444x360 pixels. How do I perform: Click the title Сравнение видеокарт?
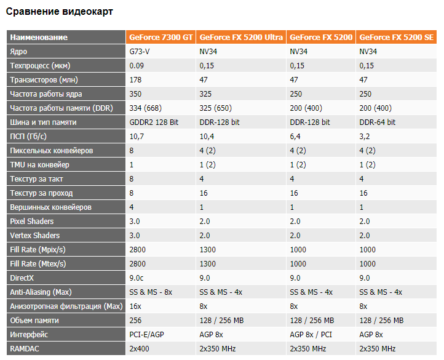[60, 12]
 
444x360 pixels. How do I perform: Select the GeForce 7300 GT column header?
[161, 38]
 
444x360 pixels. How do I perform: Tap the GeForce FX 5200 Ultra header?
[241, 38]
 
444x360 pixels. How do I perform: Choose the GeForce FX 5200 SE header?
[397, 38]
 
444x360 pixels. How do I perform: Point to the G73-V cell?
[140, 52]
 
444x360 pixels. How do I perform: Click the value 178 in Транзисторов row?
[135, 80]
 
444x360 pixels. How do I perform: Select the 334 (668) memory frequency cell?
[145, 108]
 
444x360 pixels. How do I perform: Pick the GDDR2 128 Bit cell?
[153, 122]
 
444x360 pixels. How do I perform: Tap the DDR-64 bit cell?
[377, 122]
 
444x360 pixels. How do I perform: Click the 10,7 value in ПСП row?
[137, 137]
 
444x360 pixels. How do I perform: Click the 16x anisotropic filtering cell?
[136, 306]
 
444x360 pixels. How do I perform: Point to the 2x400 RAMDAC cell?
[140, 349]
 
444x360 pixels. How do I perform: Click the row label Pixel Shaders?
[32, 222]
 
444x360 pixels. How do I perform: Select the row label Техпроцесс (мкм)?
[39, 66]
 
